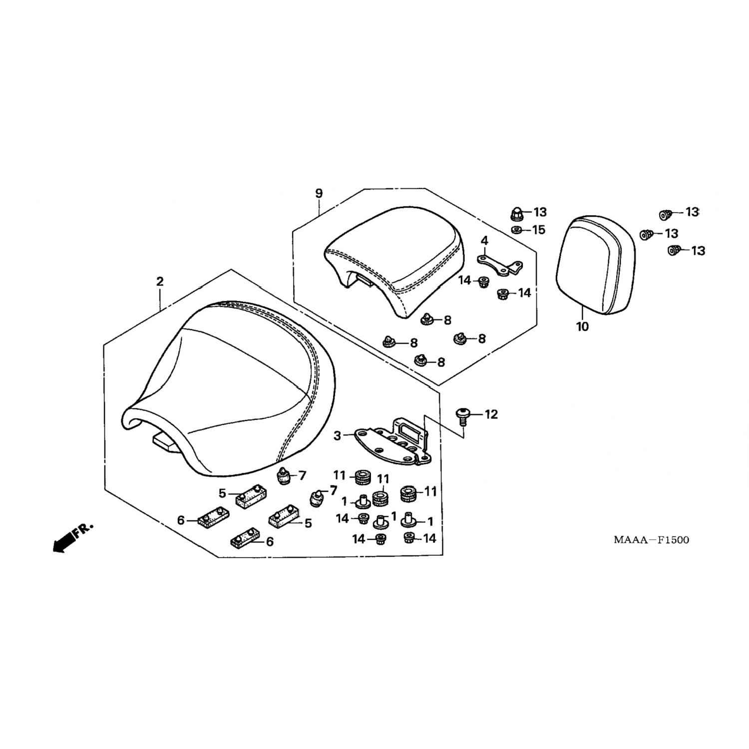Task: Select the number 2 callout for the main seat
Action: click(159, 282)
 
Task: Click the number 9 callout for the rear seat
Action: click(319, 193)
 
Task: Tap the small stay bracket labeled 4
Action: click(499, 265)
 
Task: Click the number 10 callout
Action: click(582, 327)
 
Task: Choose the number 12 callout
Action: click(491, 414)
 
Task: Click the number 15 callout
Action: click(539, 230)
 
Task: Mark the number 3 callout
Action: click(338, 436)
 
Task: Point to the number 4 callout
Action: click(484, 241)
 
